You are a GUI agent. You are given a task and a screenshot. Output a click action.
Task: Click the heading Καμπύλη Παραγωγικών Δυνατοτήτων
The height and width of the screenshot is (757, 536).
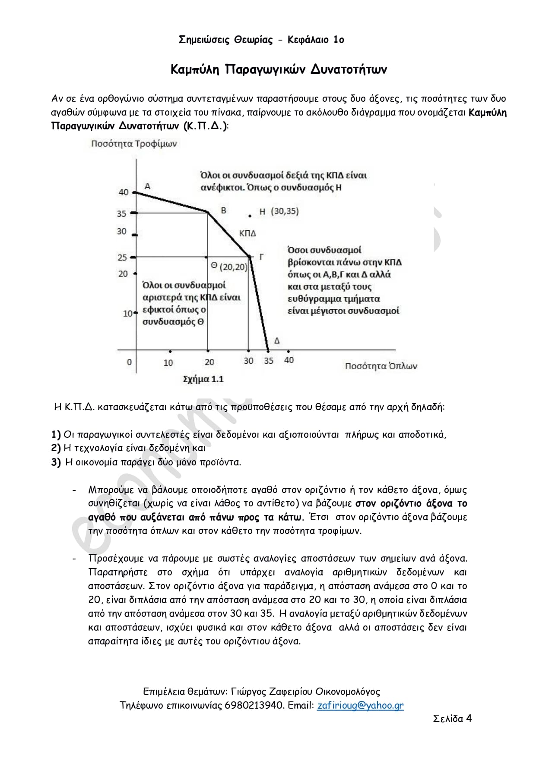point(279,69)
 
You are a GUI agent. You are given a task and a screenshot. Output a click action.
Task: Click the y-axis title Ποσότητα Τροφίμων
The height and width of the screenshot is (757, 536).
point(134,144)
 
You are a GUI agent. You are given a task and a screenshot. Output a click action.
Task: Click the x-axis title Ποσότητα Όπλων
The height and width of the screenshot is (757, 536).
point(381,366)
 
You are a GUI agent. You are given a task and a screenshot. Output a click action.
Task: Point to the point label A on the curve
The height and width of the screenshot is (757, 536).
point(148,186)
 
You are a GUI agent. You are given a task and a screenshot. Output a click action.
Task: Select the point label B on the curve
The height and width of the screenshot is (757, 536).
point(224,210)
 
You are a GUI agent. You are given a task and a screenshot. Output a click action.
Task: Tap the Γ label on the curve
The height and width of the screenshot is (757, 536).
point(262,257)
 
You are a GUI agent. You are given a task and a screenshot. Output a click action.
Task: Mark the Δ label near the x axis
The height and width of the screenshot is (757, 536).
point(277,341)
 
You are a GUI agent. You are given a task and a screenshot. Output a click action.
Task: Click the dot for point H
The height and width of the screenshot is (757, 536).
point(250,216)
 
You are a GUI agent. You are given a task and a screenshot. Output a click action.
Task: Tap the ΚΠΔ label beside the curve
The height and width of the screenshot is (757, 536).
point(247,233)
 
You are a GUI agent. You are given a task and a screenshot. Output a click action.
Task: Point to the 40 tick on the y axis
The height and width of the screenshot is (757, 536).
point(124,192)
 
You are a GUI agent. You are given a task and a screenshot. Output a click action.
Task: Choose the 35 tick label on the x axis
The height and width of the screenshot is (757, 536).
point(269,361)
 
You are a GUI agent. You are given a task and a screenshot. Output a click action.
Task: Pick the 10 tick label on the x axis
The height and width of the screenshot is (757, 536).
point(168,363)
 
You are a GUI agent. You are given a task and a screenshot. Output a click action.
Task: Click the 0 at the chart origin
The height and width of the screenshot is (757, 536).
point(129,362)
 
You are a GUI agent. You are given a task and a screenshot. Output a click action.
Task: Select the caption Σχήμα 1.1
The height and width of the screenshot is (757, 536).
point(203,379)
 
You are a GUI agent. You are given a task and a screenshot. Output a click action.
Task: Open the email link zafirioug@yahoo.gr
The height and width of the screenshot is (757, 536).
point(360,705)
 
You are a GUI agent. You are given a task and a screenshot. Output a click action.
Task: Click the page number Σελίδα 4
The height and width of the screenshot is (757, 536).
point(452,718)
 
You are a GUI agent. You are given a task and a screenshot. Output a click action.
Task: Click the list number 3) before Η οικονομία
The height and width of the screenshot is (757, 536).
point(56,462)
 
